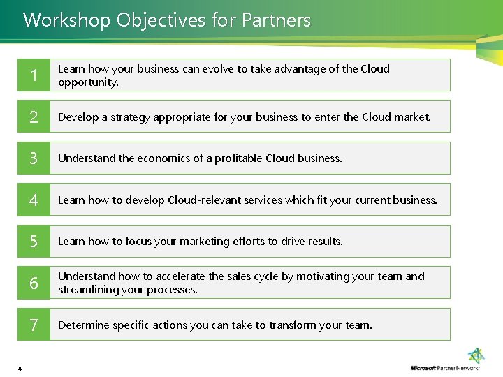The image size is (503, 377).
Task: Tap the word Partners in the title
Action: [x=276, y=20]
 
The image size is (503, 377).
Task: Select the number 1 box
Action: [x=34, y=75]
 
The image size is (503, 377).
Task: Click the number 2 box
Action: [x=34, y=117]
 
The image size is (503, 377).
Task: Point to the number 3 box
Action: [x=34, y=158]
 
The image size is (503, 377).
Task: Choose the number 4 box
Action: [x=34, y=200]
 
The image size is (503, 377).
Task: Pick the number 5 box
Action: [x=34, y=242]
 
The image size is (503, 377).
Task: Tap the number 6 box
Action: [x=34, y=283]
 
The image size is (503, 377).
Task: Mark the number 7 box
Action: [x=34, y=325]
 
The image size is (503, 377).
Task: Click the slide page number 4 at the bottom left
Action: [x=20, y=369]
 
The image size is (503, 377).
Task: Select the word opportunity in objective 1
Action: [x=87, y=82]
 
